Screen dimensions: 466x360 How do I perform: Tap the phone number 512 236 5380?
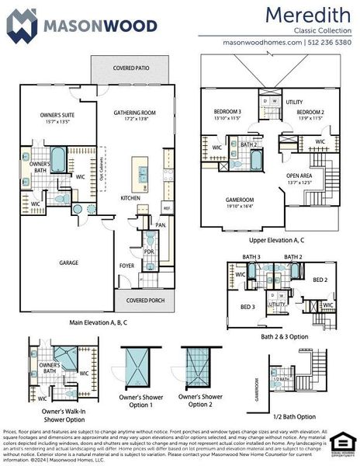(x=331, y=42)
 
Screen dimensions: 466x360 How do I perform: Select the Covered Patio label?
(x=131, y=68)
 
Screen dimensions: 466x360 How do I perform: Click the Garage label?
(x=69, y=263)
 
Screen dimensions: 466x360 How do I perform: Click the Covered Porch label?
(x=140, y=299)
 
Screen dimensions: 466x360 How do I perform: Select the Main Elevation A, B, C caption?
(x=99, y=321)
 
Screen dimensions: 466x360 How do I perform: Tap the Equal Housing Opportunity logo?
(x=341, y=442)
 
